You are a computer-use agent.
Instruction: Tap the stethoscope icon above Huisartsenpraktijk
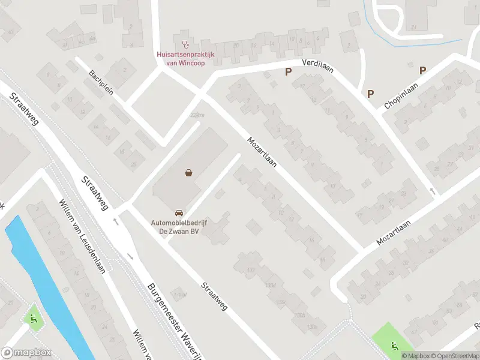(185, 44)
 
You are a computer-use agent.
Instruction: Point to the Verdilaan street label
(317, 64)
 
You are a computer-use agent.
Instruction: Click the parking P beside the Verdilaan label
(288, 72)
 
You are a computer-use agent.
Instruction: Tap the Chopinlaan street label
(401, 96)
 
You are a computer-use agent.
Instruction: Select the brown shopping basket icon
(189, 173)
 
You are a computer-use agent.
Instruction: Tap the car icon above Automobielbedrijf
(179, 213)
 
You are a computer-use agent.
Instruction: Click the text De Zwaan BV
(179, 230)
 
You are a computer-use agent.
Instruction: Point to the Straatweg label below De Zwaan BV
(214, 296)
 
